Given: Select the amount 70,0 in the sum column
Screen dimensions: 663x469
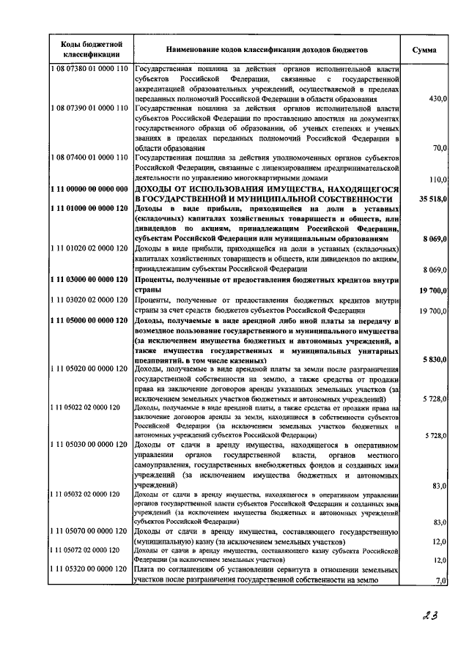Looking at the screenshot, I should click(x=440, y=148).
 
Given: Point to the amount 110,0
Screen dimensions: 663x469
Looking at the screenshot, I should click(x=437, y=179).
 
